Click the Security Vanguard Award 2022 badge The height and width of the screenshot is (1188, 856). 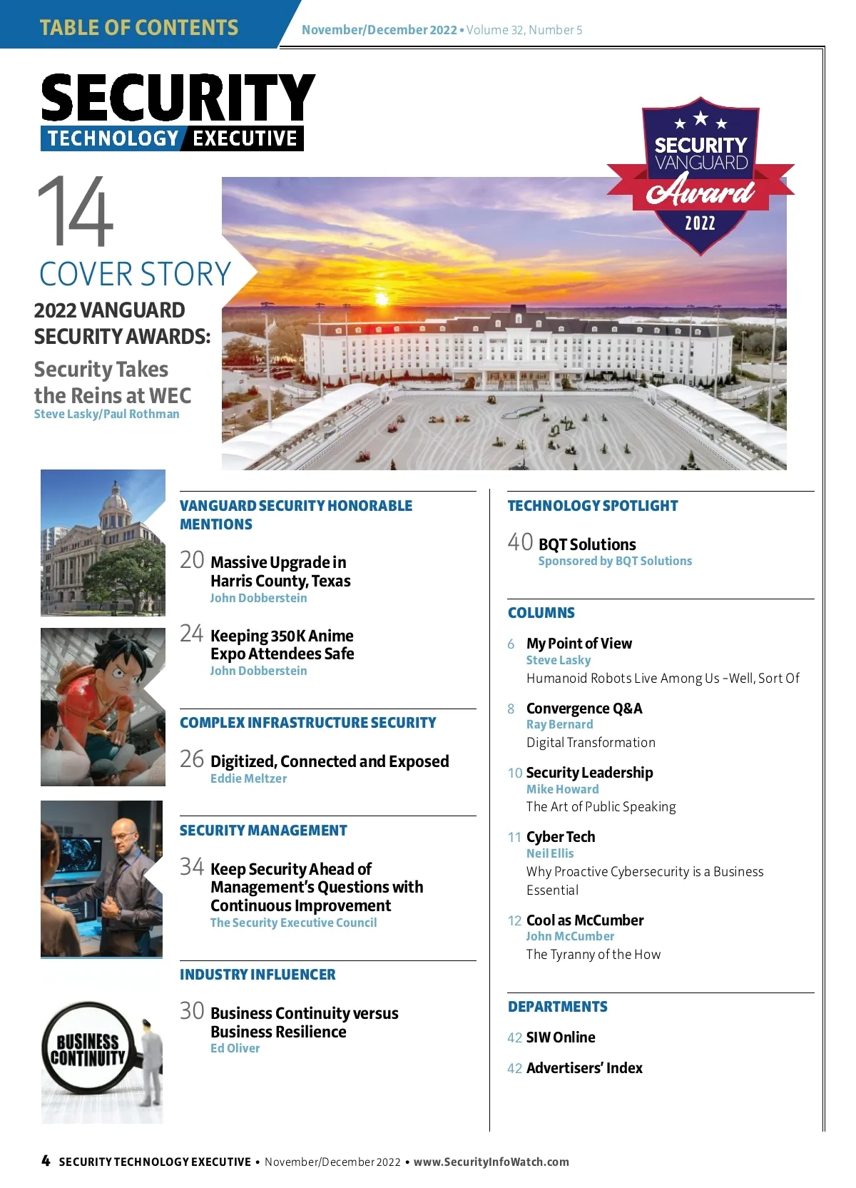point(700,176)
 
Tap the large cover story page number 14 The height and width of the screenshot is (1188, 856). point(75,211)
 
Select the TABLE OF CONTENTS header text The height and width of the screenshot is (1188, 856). point(139,28)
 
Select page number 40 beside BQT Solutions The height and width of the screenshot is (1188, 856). point(520,542)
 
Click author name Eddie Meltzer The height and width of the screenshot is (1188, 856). point(248,778)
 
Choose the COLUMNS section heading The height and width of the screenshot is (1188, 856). point(541,613)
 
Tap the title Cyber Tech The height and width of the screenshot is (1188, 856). point(560,837)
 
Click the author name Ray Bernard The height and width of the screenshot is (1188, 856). point(559,724)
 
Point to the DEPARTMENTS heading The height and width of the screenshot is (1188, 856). point(557,1007)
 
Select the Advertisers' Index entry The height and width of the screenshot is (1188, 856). point(584,1068)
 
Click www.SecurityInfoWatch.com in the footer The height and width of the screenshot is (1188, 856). point(491,1162)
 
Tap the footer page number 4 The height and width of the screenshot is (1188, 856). point(46,1161)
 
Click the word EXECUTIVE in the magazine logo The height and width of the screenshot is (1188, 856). point(245,138)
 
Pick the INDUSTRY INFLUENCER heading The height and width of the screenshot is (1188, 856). point(258,975)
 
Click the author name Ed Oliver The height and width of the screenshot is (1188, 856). point(235,1048)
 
